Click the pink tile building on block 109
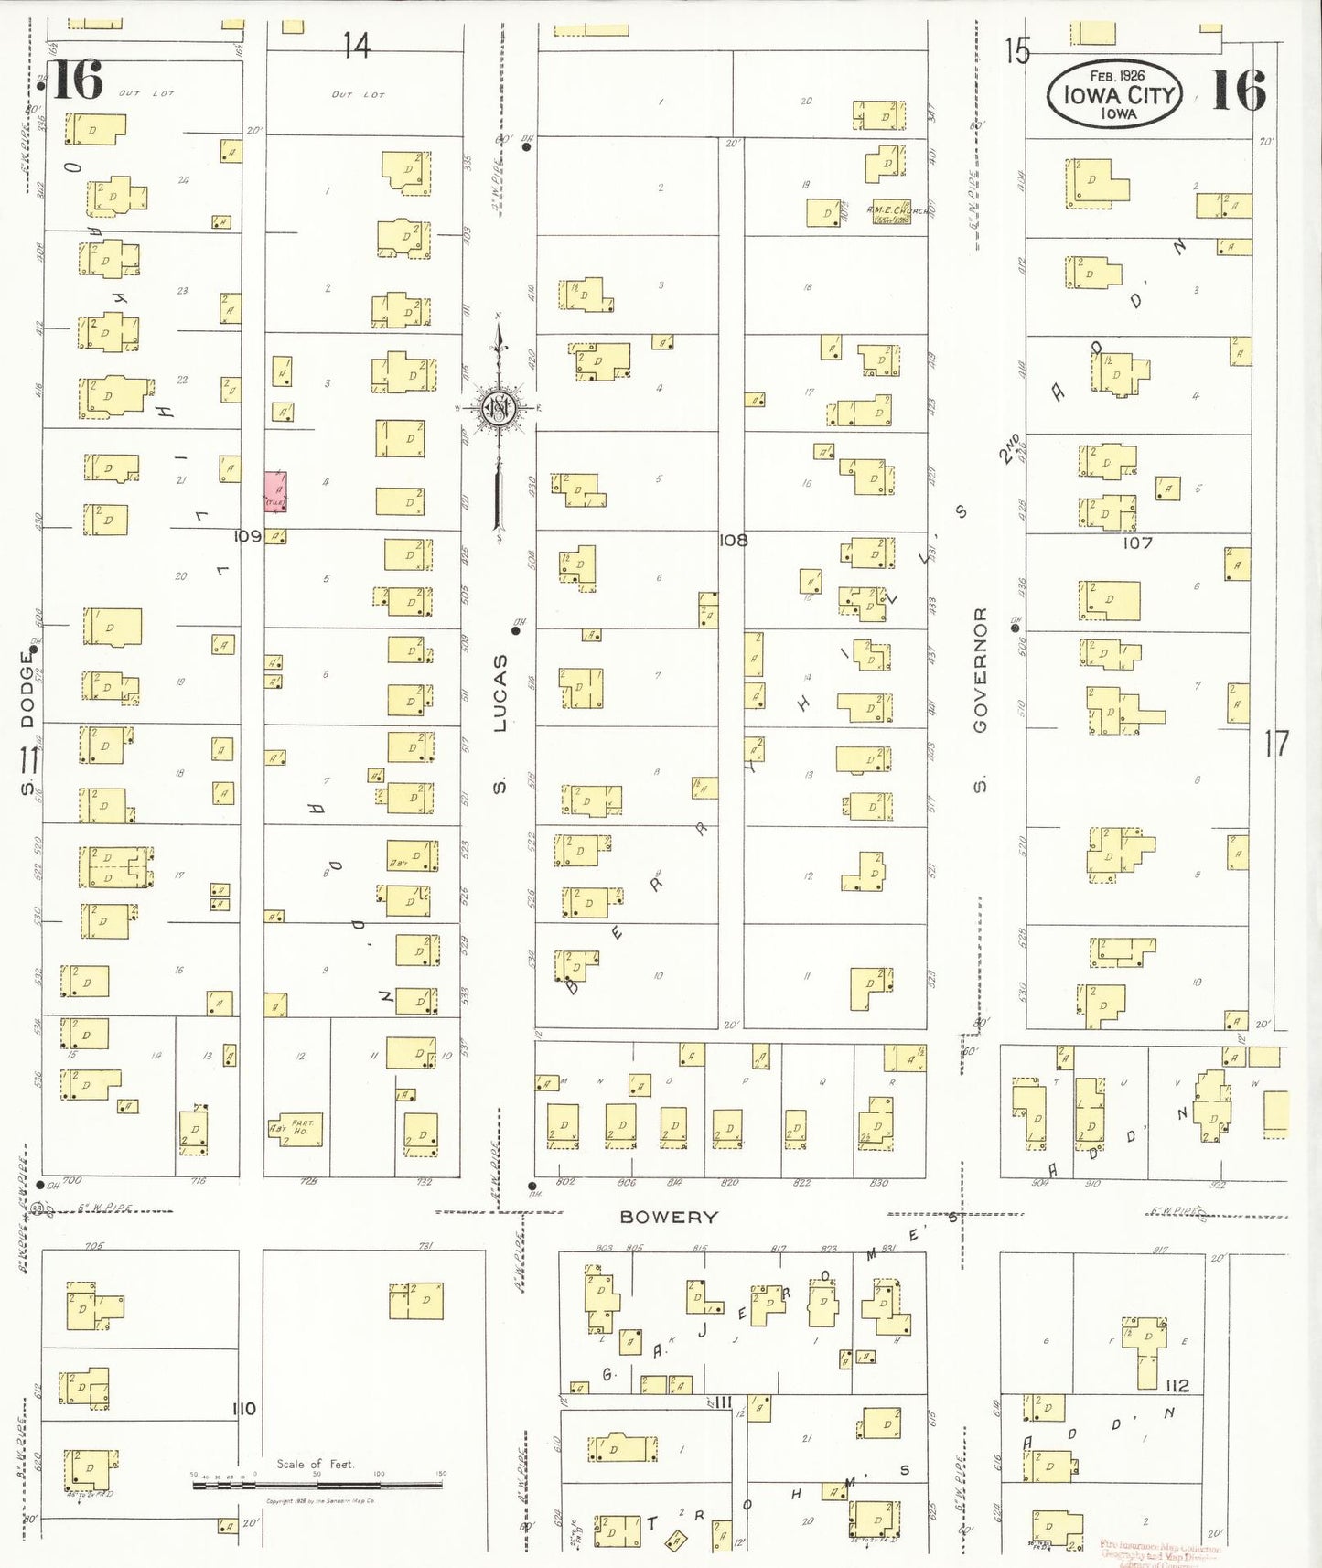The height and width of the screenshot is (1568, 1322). pos(275,491)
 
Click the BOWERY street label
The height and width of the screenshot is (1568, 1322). pos(669,1217)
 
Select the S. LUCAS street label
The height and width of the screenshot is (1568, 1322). pos(500,723)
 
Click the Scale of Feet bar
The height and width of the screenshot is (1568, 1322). pos(317,1484)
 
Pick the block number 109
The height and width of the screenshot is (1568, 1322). pos(247,536)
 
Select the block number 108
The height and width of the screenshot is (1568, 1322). pos(733,540)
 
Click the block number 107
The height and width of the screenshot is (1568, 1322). pos(1137,542)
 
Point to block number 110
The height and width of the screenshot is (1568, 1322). pos(243,1409)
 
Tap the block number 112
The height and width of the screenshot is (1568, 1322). pos(1177,1385)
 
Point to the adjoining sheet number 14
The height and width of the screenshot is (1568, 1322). pos(357,45)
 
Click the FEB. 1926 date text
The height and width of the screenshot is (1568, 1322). pos(1117,75)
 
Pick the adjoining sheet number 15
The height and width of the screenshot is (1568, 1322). pos(1016,50)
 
